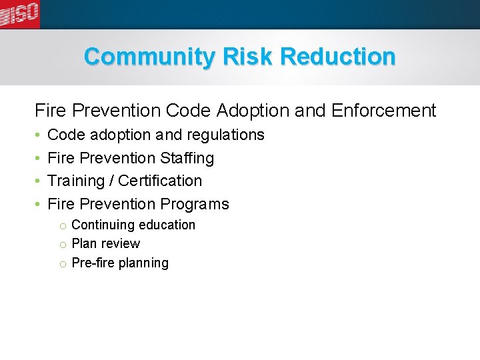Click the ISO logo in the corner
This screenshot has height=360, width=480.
[20, 14]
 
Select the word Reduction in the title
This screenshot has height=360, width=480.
[338, 57]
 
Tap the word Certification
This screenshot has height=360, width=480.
[160, 181]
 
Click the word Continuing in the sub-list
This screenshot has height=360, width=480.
[101, 225]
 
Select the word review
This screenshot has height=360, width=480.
[121, 244]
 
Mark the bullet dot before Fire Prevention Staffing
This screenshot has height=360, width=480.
[39, 159]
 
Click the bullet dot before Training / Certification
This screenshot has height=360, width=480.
[39, 181]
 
